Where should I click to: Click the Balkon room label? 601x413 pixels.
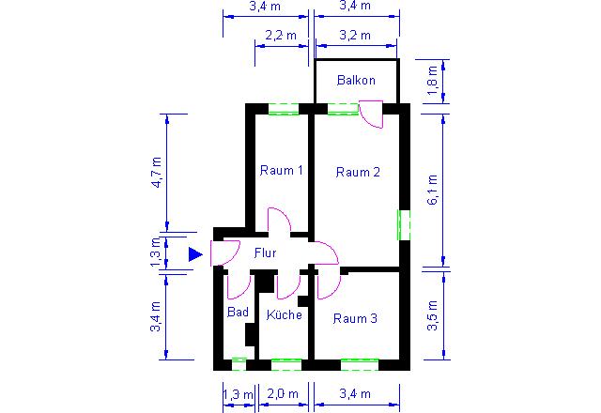pos(356,80)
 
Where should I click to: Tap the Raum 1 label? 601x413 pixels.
pos(282,170)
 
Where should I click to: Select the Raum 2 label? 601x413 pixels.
pos(358,172)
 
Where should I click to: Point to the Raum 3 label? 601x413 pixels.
pos(355,318)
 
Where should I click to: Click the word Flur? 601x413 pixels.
pos(265,252)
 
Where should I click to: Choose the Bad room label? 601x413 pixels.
pos(238,312)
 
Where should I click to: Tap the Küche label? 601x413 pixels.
pos(284,314)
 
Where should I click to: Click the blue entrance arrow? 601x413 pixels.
pos(195,254)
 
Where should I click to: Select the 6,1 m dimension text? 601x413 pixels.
pos(432,190)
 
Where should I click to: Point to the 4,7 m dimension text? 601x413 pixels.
pos(157,172)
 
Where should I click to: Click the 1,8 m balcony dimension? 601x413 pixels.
pos(432,81)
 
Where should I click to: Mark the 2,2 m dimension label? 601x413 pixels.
pos(281,36)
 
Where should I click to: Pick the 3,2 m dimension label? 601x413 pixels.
pos(355,36)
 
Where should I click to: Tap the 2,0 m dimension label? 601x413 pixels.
pos(283,394)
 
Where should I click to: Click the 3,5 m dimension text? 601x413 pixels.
pos(432,315)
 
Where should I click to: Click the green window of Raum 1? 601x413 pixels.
pos(284,109)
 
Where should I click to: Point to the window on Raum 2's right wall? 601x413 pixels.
pos(403,225)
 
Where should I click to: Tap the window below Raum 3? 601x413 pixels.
pos(360,365)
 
